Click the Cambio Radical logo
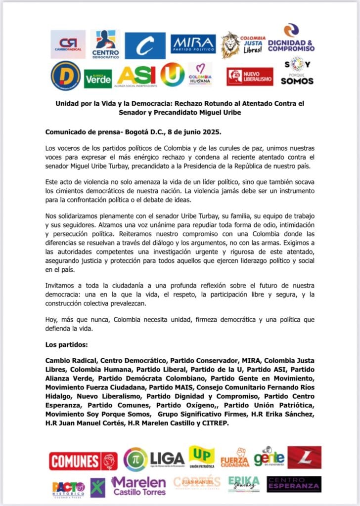point(68,44)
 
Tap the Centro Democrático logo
point(105,44)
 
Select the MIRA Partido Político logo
point(193,44)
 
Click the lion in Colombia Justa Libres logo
point(230,44)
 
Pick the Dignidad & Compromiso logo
point(291,38)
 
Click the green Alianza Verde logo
point(98,78)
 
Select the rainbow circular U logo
point(172,75)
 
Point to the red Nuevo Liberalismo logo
point(250,77)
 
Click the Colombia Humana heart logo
point(200,74)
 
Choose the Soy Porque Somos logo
point(297,71)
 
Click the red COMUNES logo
point(83,461)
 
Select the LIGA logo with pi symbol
point(154,459)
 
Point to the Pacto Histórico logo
point(68,488)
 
